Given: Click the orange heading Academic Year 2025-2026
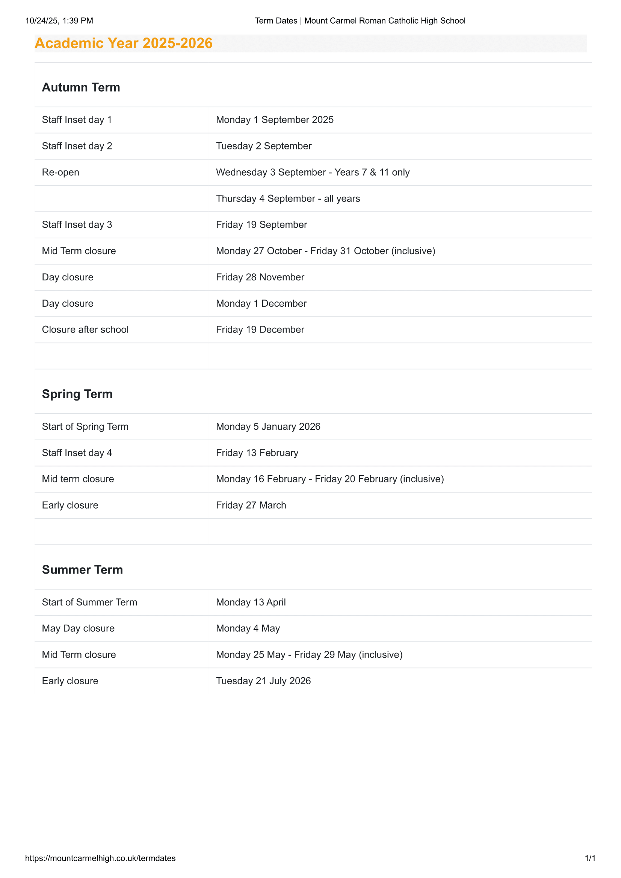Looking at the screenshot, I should [x=123, y=43].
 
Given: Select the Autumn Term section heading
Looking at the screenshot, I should [x=81, y=87].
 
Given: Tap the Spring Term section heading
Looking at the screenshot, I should [x=77, y=394].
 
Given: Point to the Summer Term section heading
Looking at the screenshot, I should [x=82, y=569].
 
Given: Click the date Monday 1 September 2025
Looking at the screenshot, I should [x=274, y=120].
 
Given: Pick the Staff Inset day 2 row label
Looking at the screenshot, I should [x=77, y=146].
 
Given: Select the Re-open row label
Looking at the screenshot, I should [x=60, y=172].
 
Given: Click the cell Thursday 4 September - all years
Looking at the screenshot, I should [x=288, y=199].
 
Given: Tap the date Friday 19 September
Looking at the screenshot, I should [x=261, y=224].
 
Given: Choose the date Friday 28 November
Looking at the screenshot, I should [x=260, y=277].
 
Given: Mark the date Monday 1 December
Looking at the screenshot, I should [x=261, y=303].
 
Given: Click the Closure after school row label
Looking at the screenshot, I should [x=85, y=329].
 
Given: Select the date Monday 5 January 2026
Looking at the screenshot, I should [x=268, y=426].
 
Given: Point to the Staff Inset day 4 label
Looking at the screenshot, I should [x=77, y=453].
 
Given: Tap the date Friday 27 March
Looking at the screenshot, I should [x=251, y=505].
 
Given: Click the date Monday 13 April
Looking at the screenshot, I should [x=251, y=602].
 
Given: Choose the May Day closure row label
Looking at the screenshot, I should [x=78, y=628].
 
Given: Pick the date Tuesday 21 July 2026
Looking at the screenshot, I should [x=263, y=681].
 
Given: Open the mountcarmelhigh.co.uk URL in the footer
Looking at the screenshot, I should [x=100, y=858].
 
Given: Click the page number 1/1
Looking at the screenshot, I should [x=589, y=858].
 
